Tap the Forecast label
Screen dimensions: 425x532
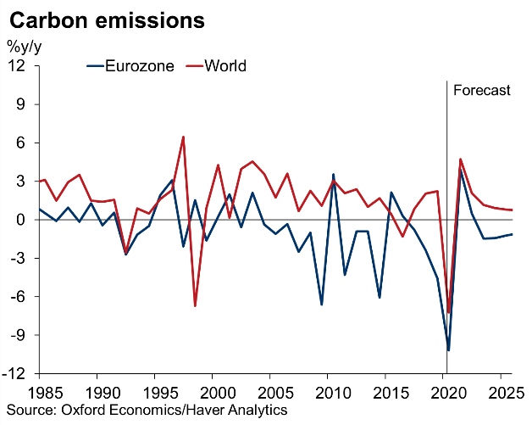pyautogui.click(x=482, y=90)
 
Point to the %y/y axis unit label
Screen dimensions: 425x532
pyautogui.click(x=24, y=46)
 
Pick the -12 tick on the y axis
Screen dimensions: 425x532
pyautogui.click(x=16, y=374)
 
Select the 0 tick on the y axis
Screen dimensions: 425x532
pyautogui.click(x=22, y=220)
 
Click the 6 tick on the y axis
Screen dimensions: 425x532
pyautogui.click(x=22, y=143)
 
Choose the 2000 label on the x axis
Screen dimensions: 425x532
pyautogui.click(x=212, y=394)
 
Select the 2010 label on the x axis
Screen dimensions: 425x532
pyautogui.click(x=328, y=394)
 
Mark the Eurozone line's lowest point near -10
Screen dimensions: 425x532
pyautogui.click(x=448, y=350)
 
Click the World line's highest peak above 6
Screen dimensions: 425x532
pyautogui.click(x=183, y=137)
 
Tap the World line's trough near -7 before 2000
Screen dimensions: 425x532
pyautogui.click(x=195, y=305)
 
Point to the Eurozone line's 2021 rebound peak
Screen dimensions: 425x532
pyautogui.click(x=460, y=169)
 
